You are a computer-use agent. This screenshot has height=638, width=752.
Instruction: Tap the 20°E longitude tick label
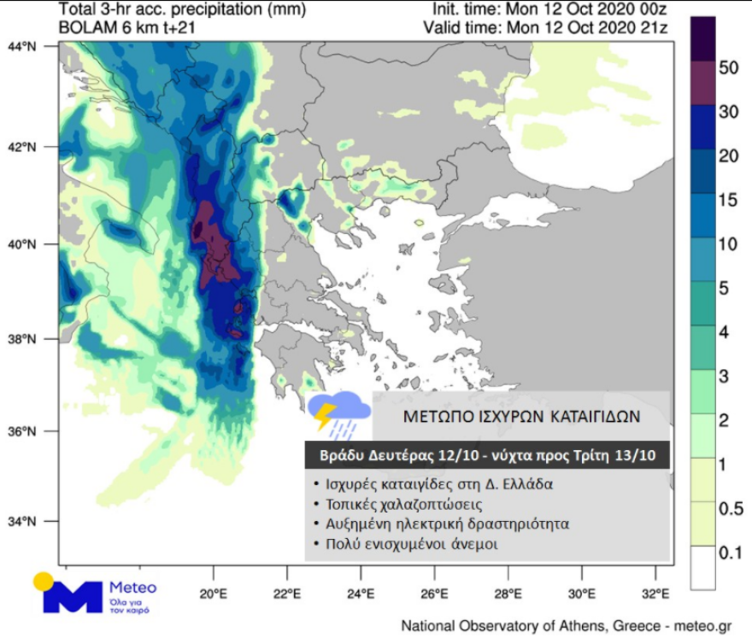coord(212,594)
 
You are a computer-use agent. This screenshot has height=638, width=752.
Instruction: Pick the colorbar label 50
coord(728,68)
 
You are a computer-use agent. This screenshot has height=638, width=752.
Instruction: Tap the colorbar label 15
coord(728,199)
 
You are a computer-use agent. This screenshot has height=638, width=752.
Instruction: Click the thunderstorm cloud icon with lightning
coord(338,412)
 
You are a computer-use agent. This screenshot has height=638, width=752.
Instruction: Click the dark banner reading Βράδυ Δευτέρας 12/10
coord(487,455)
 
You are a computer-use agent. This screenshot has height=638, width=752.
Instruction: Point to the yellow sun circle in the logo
coord(44,582)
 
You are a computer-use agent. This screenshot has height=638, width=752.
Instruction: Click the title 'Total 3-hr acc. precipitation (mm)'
coord(176,10)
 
